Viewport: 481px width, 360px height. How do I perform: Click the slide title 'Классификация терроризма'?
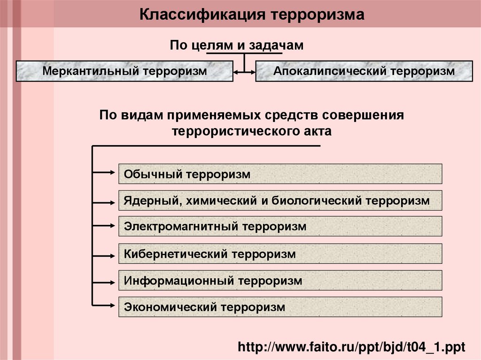tap(252, 15)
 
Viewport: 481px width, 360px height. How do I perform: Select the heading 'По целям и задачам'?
tap(237, 45)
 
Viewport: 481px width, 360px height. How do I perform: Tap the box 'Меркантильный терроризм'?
tap(124, 71)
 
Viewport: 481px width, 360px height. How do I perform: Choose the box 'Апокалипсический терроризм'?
tap(364, 71)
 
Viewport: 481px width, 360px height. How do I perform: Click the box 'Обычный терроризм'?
tap(280, 174)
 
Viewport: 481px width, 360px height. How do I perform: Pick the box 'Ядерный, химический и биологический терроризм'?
tap(280, 200)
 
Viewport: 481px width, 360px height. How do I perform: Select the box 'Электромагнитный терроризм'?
tap(280, 226)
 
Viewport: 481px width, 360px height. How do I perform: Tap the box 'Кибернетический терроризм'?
tap(280, 254)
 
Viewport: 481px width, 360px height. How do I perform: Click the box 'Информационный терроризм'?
tap(280, 281)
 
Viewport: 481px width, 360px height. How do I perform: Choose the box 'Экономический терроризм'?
tap(280, 307)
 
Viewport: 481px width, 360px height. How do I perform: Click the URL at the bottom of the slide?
tap(351, 347)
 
